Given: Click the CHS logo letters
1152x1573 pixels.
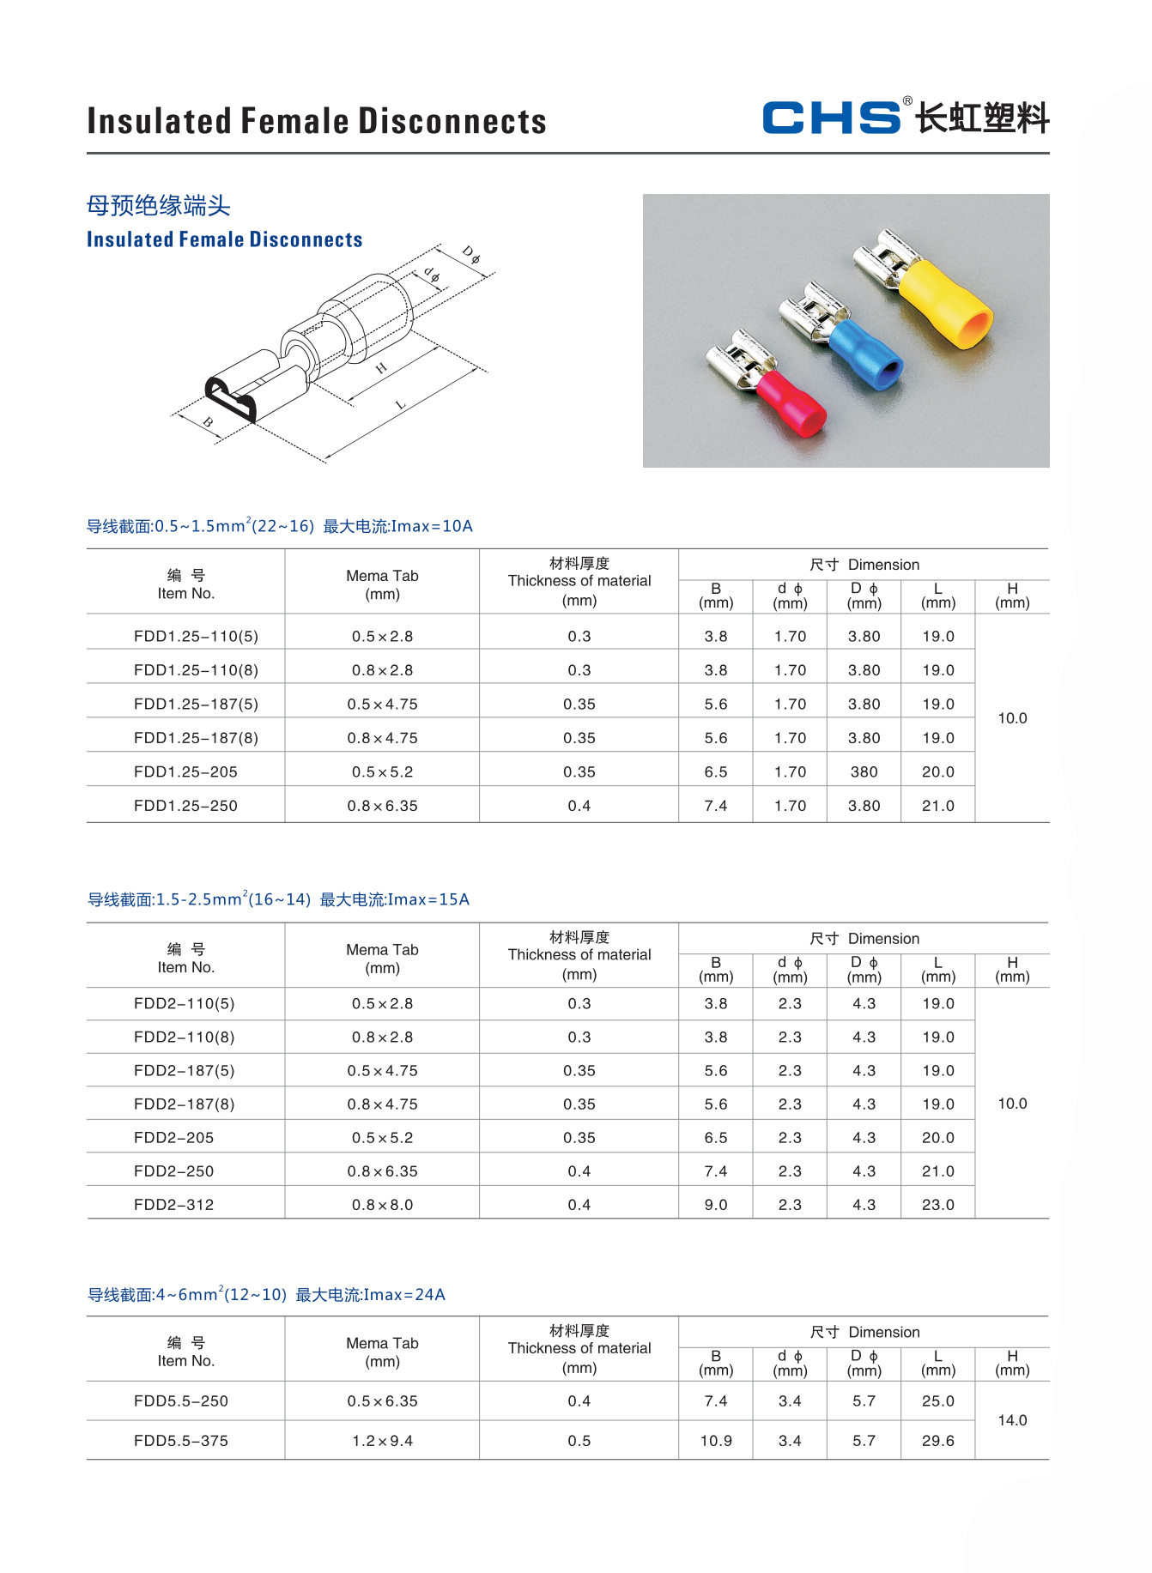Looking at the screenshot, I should (831, 118).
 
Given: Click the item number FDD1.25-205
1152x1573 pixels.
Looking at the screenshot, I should (185, 771).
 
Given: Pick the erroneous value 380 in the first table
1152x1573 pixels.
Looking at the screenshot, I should (864, 771).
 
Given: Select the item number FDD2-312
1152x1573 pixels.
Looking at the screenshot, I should (173, 1204).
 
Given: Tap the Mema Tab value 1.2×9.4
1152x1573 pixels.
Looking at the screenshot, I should (382, 1441).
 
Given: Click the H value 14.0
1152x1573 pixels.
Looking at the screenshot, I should (1012, 1420).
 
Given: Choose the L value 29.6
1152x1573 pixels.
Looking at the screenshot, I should (937, 1441).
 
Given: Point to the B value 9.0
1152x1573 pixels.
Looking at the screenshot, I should (715, 1204).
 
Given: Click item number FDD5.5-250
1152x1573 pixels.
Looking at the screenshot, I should (181, 1401).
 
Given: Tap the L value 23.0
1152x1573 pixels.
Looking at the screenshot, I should (937, 1204).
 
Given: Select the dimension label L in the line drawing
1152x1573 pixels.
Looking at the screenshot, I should (400, 404).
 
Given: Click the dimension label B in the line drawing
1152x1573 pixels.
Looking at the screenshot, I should (208, 422).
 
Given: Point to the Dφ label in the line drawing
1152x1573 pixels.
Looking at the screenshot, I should (471, 254).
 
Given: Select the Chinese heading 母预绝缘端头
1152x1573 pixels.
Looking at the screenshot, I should (159, 206).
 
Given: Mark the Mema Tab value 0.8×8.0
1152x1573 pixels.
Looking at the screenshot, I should (382, 1204).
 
